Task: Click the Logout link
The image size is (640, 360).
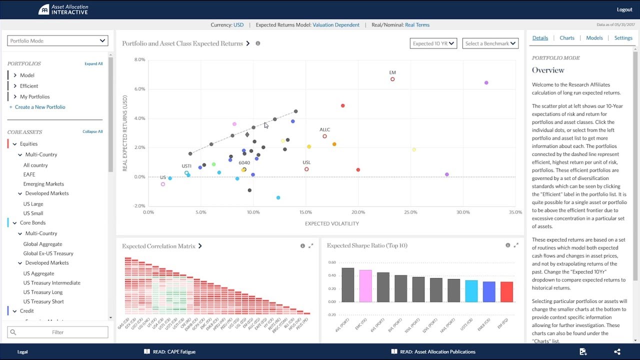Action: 624,9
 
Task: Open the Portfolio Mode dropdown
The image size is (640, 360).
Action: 57,41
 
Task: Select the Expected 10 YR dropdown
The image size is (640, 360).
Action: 433,43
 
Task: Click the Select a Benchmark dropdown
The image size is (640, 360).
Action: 490,43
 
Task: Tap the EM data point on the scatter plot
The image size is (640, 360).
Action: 392,79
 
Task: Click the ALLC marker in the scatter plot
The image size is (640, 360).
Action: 324,136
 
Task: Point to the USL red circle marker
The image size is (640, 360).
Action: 306,169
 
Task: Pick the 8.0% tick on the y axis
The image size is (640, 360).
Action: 139,59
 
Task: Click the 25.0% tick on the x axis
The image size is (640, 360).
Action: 410,212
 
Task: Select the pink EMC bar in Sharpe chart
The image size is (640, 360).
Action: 365,285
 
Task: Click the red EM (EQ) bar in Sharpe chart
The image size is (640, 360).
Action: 506,291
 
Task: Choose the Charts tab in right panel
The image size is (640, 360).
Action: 567,38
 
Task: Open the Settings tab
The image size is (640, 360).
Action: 623,38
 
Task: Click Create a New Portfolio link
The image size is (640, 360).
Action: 40,107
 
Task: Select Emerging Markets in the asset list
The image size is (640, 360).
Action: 43,184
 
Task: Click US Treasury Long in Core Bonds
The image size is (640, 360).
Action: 43,292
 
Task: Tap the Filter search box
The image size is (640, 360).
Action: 57,332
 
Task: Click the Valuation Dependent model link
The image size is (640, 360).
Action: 336,25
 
